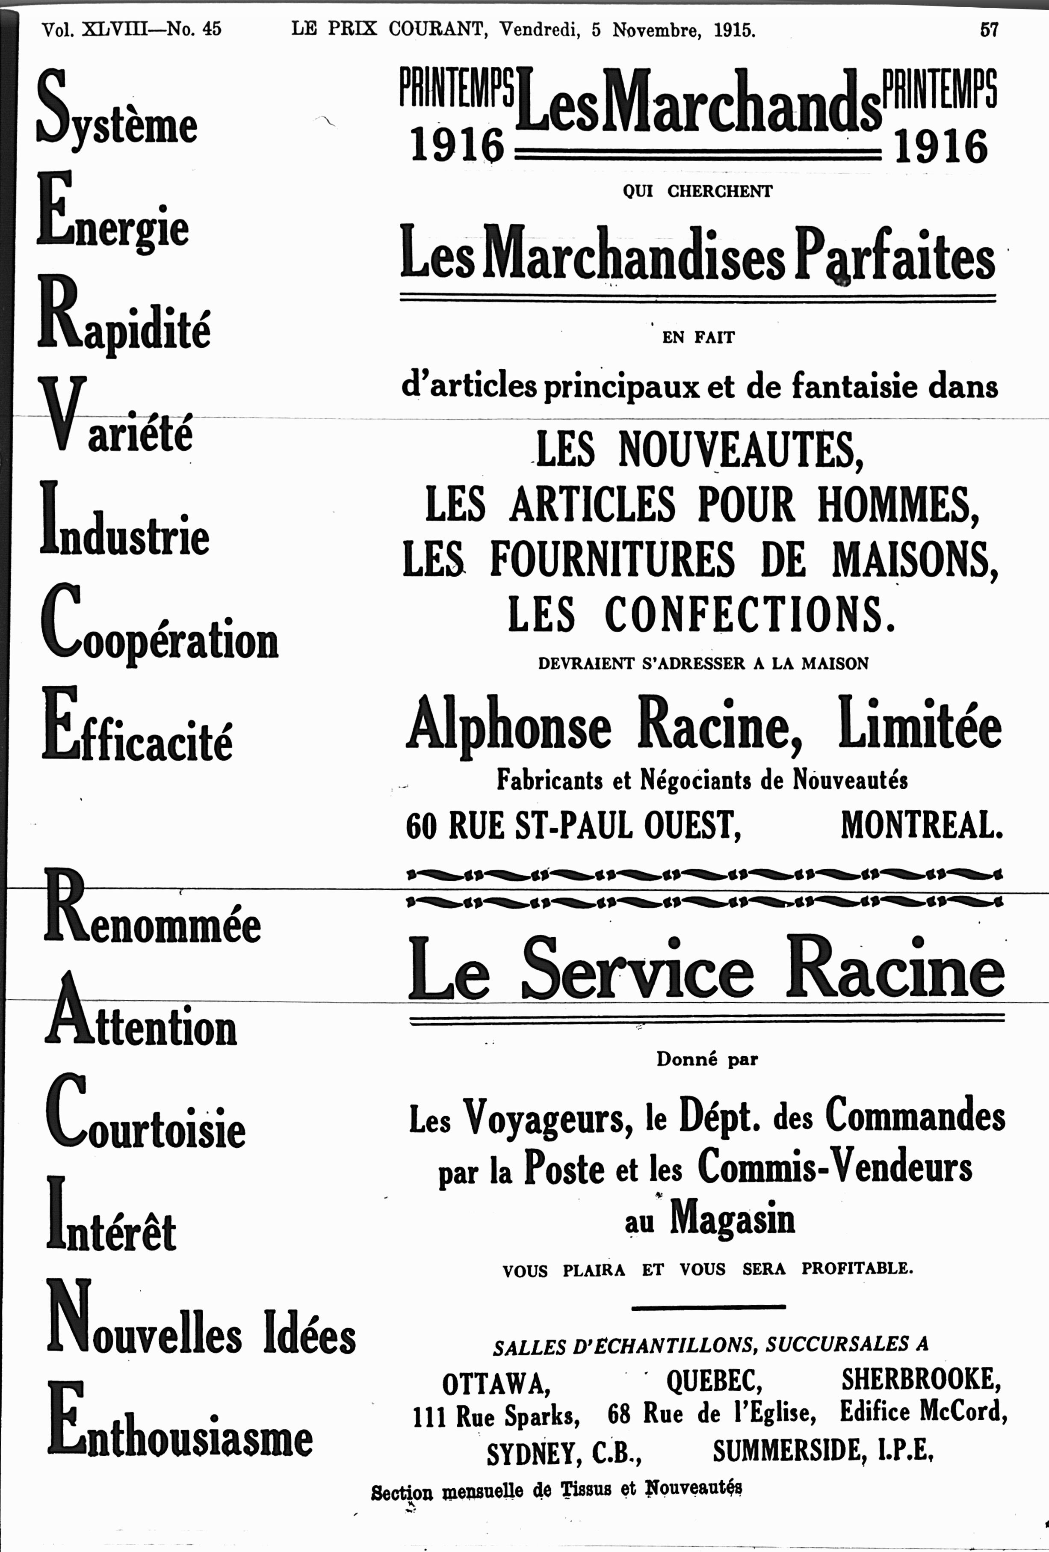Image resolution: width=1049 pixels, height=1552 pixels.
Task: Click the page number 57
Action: coord(988,30)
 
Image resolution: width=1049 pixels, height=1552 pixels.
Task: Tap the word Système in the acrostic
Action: coord(117,110)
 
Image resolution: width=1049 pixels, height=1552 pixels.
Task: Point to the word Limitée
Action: coord(920,725)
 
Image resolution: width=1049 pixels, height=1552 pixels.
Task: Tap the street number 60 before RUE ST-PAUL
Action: coord(421,827)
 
